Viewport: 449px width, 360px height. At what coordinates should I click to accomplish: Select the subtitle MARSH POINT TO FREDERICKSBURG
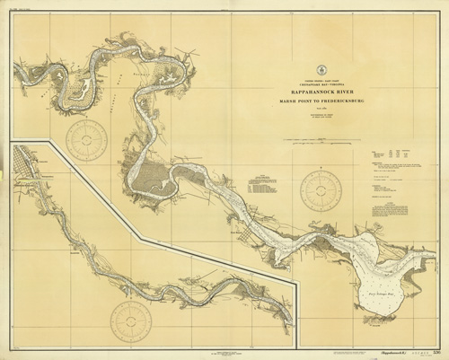tap(321, 100)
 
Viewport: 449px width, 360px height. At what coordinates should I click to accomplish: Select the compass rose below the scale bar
tap(321, 191)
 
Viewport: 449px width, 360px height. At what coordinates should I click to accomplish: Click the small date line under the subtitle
tap(321, 110)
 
